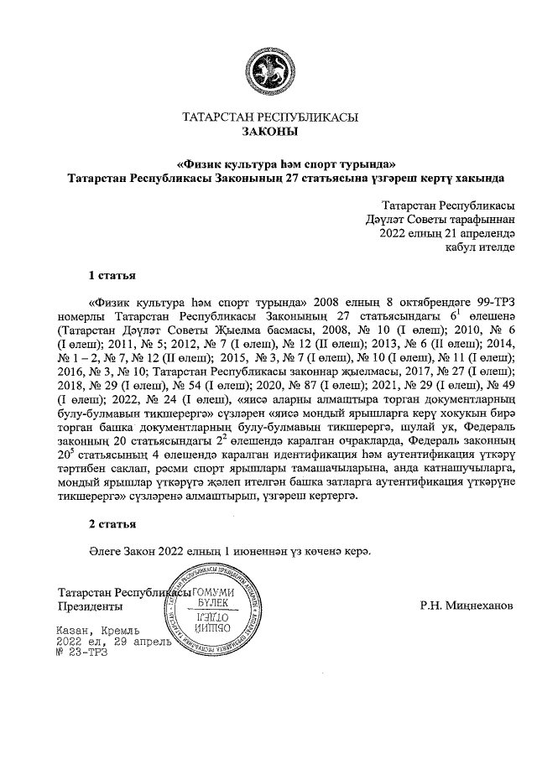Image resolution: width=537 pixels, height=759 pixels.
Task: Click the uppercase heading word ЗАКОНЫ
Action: pyautogui.click(x=268, y=132)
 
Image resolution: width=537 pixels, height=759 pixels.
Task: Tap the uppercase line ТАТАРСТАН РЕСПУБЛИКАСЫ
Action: pyautogui.click(x=268, y=117)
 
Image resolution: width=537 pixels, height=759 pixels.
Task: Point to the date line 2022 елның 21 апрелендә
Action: pyautogui.click(x=447, y=233)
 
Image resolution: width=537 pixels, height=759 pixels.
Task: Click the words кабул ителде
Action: pyautogui.click(x=481, y=247)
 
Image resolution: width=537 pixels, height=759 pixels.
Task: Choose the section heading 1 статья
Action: pyautogui.click(x=112, y=275)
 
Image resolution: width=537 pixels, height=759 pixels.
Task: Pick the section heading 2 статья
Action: pyautogui.click(x=112, y=524)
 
